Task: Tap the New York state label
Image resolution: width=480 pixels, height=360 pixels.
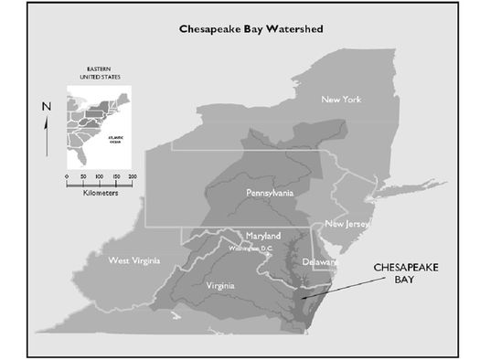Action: pyautogui.click(x=346, y=98)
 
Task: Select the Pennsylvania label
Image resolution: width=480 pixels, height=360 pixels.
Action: pyautogui.click(x=269, y=194)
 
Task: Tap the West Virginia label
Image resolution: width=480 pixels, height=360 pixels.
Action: pyautogui.click(x=138, y=260)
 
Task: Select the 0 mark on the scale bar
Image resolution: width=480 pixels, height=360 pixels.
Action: pyautogui.click(x=67, y=175)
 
